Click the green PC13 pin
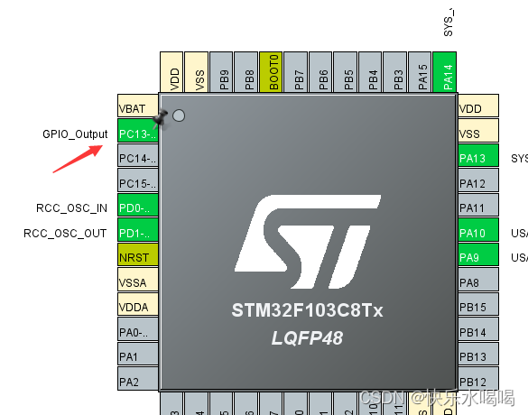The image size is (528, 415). click(138, 134)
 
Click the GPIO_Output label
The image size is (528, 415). click(74, 134)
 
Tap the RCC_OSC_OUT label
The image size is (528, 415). click(66, 234)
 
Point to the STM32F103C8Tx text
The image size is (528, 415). click(307, 311)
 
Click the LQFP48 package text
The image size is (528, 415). click(307, 337)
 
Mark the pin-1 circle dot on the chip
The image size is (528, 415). click(179, 115)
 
